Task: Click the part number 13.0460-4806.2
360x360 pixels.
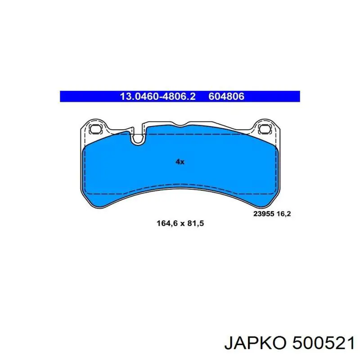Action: coord(158,96)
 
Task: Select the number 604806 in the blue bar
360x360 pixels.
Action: coord(226,96)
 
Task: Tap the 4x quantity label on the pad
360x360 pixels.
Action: coord(180,162)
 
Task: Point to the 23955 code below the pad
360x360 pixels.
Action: coord(264,214)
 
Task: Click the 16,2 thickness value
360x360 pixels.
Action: coord(284,214)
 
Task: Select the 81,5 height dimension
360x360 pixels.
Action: coord(196,223)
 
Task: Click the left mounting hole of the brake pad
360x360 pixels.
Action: coord(95,129)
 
